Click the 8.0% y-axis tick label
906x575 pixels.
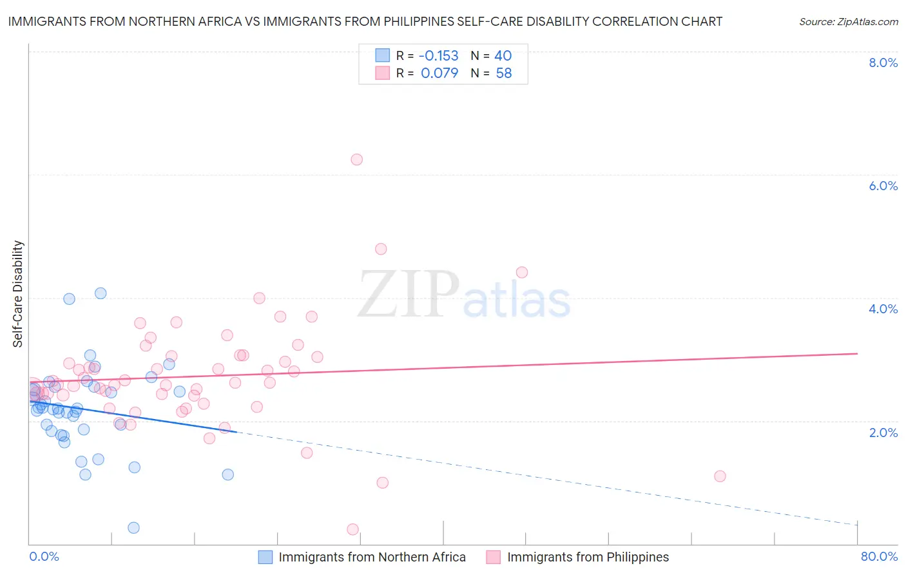click(x=883, y=63)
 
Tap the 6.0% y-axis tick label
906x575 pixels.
click(x=883, y=186)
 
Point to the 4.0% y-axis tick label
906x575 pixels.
click(x=883, y=309)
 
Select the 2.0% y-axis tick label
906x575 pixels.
click(x=883, y=433)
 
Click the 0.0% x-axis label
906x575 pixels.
click(x=44, y=556)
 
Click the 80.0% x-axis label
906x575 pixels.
click(x=879, y=556)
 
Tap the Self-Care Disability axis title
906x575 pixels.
click(x=18, y=294)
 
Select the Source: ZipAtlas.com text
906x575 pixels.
click(x=848, y=21)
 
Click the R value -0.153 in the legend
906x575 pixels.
click(x=438, y=56)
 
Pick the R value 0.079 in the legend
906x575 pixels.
click(x=439, y=73)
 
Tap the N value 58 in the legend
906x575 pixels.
click(x=504, y=73)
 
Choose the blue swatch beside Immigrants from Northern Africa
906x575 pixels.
click(x=265, y=557)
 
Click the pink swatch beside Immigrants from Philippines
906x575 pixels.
click(x=494, y=557)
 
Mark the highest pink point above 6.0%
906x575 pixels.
click(x=356, y=159)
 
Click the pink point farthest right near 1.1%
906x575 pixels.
click(x=720, y=476)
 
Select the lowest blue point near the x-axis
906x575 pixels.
click(x=133, y=528)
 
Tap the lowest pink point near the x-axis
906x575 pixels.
click(x=352, y=529)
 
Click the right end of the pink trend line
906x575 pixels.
click(x=858, y=353)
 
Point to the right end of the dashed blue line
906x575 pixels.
click(x=858, y=525)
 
